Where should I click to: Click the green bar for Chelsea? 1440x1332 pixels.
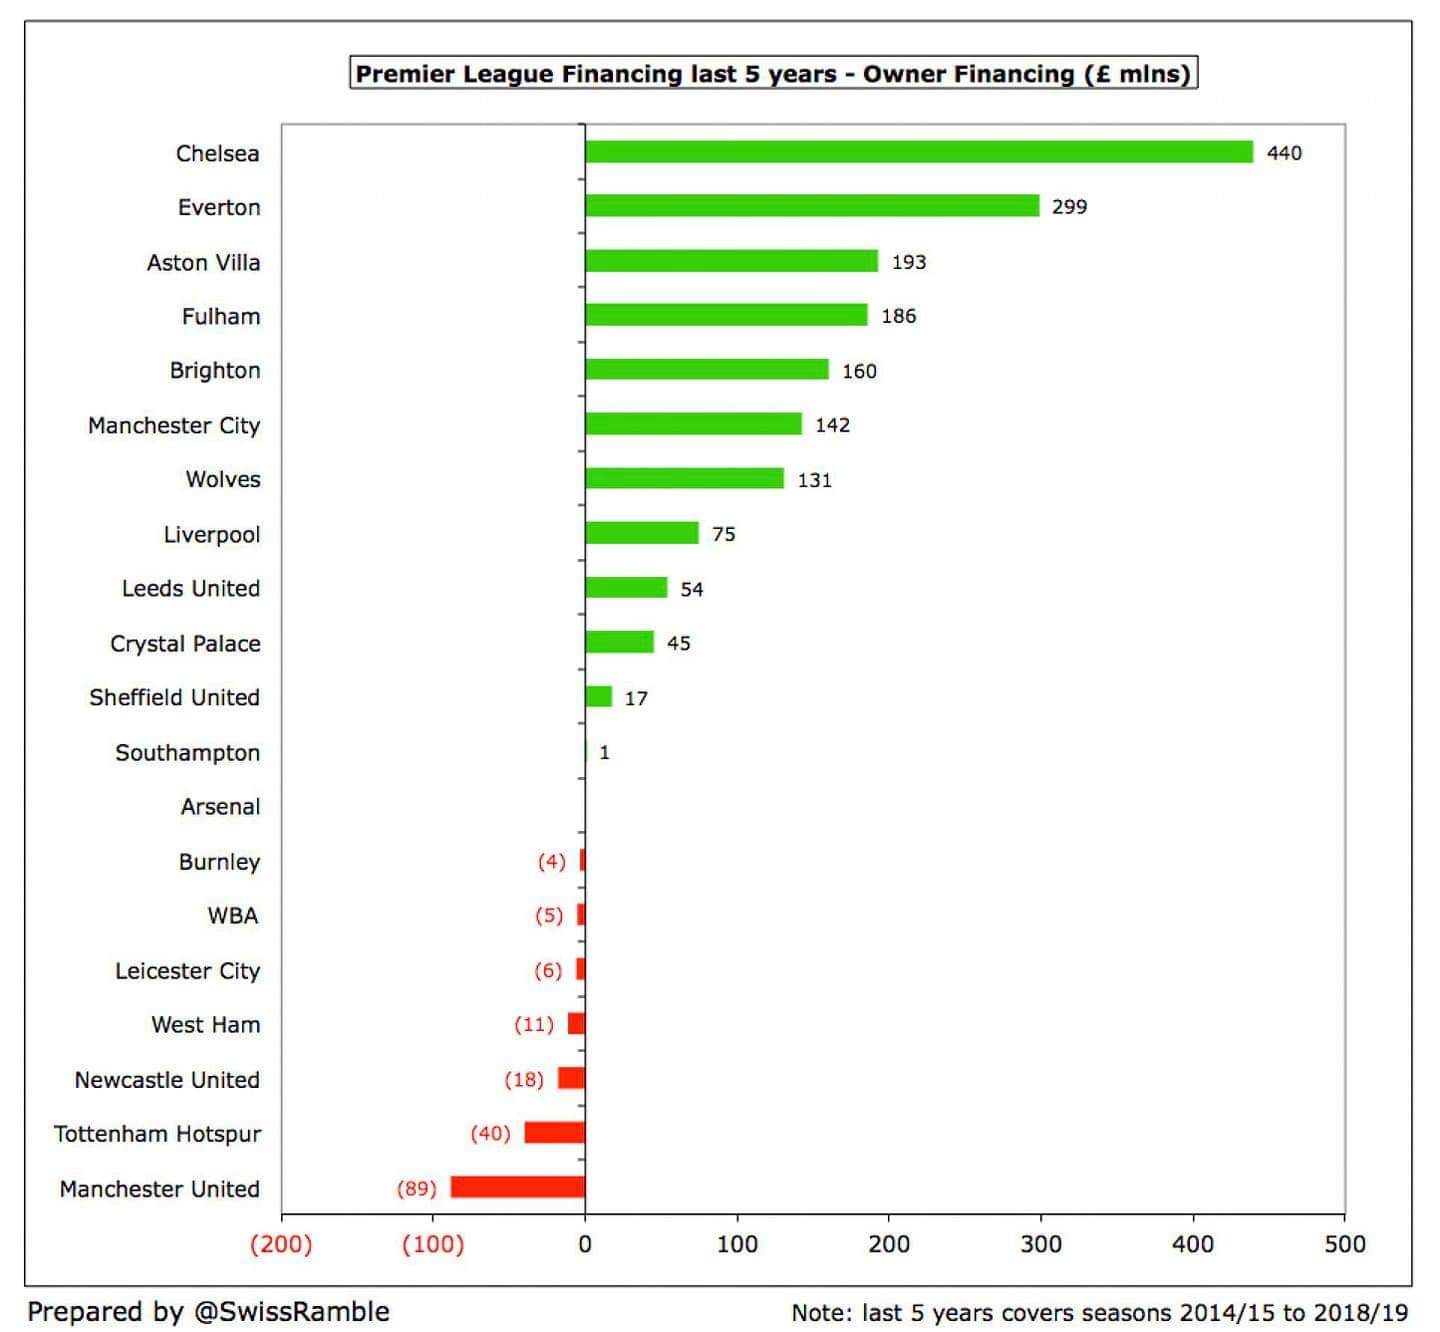coord(918,152)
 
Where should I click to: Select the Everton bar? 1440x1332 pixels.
coord(812,206)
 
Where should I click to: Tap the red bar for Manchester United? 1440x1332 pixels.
coord(518,1187)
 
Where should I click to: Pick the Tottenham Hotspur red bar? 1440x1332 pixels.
coord(554,1133)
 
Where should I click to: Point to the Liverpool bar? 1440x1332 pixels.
coord(641,533)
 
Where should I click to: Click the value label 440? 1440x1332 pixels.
coord(1284,153)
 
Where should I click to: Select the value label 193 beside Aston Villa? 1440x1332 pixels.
coord(909,262)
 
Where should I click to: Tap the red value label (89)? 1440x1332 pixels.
coord(417,1188)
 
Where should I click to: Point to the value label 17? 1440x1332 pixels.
coord(636,698)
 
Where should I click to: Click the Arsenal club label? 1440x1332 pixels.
coord(220,807)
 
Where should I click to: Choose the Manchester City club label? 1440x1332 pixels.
coord(174,425)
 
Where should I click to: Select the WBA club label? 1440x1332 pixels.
coord(233,916)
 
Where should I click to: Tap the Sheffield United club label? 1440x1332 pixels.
coord(174,697)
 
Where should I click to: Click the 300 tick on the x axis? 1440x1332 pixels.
coord(1040,1244)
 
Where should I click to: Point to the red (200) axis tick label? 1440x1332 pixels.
coord(281,1244)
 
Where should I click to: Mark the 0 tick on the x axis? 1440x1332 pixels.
coord(585,1244)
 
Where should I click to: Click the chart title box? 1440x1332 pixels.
coord(773,74)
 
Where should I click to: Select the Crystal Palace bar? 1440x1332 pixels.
coord(619,642)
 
